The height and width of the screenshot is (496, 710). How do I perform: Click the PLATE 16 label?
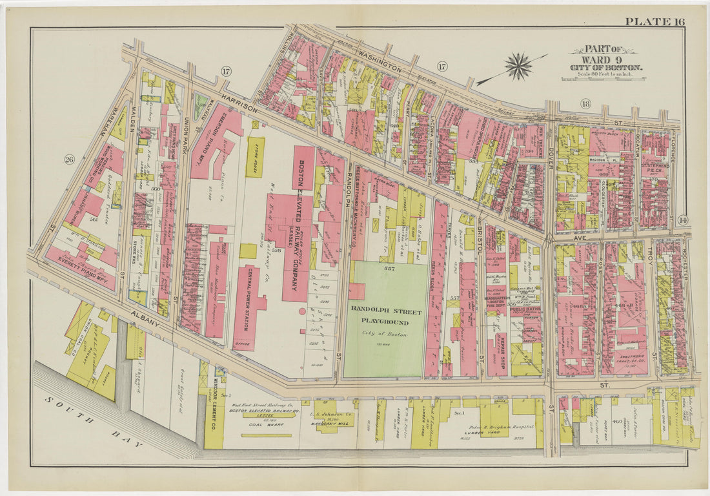pos(654,21)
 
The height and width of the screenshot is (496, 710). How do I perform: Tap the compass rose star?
pos(518,65)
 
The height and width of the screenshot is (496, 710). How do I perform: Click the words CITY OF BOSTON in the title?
pos(605,68)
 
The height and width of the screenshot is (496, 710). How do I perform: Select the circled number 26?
pos(70,159)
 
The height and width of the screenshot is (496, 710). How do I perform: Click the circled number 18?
pos(585,103)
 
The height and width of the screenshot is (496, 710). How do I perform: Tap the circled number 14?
pos(684,220)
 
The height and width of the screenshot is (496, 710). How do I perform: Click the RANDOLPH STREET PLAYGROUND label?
pos(386,316)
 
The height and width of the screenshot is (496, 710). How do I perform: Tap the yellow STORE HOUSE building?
pos(254,156)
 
